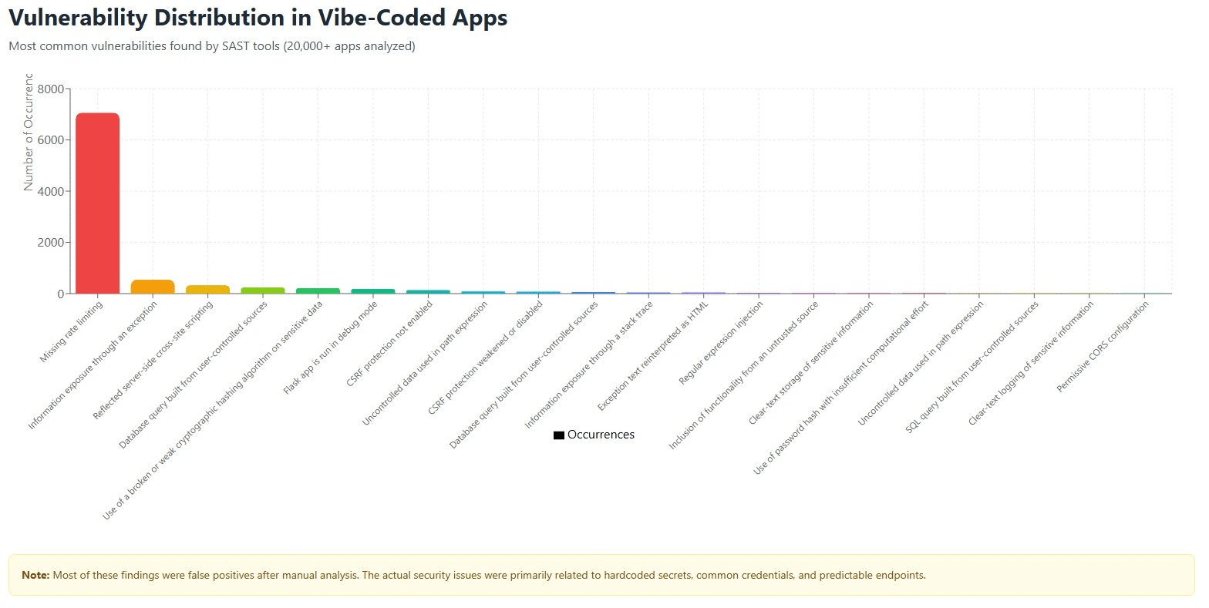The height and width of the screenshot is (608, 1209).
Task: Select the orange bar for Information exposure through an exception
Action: click(x=153, y=287)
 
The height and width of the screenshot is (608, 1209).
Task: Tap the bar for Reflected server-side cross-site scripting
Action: click(x=207, y=289)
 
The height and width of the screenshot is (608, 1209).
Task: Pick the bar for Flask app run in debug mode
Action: click(x=372, y=291)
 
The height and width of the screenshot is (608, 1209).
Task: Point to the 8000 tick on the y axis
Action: click(x=51, y=89)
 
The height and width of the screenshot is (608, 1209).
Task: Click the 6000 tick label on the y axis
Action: click(x=51, y=140)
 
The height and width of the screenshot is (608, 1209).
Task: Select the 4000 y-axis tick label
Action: click(x=51, y=191)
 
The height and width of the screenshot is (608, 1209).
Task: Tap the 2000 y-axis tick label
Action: click(x=51, y=243)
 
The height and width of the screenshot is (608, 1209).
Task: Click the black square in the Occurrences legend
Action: click(x=559, y=435)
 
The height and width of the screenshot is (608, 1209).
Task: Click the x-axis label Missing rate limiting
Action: click(x=72, y=331)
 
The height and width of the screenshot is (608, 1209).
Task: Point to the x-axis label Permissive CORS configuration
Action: click(x=1103, y=346)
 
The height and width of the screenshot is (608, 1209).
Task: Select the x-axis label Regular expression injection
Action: click(x=721, y=343)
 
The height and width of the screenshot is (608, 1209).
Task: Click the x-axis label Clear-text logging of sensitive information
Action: click(x=1031, y=363)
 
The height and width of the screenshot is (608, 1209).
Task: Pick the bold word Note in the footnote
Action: click(x=35, y=575)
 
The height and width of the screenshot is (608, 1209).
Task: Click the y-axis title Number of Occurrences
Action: click(x=29, y=133)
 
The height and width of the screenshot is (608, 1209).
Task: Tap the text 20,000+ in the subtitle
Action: click(x=308, y=46)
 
